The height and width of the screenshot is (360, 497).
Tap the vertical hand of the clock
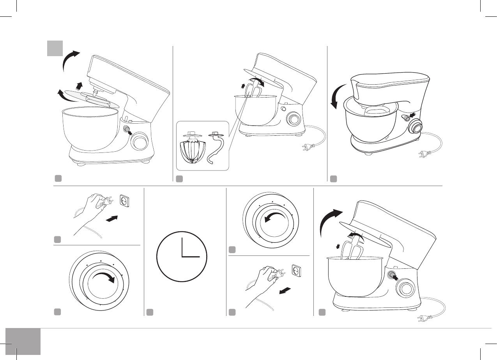[182, 247]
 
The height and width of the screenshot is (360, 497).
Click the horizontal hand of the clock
[191, 257]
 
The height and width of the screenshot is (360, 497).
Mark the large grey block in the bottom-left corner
[23, 341]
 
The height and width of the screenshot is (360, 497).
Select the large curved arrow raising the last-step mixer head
[329, 220]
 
